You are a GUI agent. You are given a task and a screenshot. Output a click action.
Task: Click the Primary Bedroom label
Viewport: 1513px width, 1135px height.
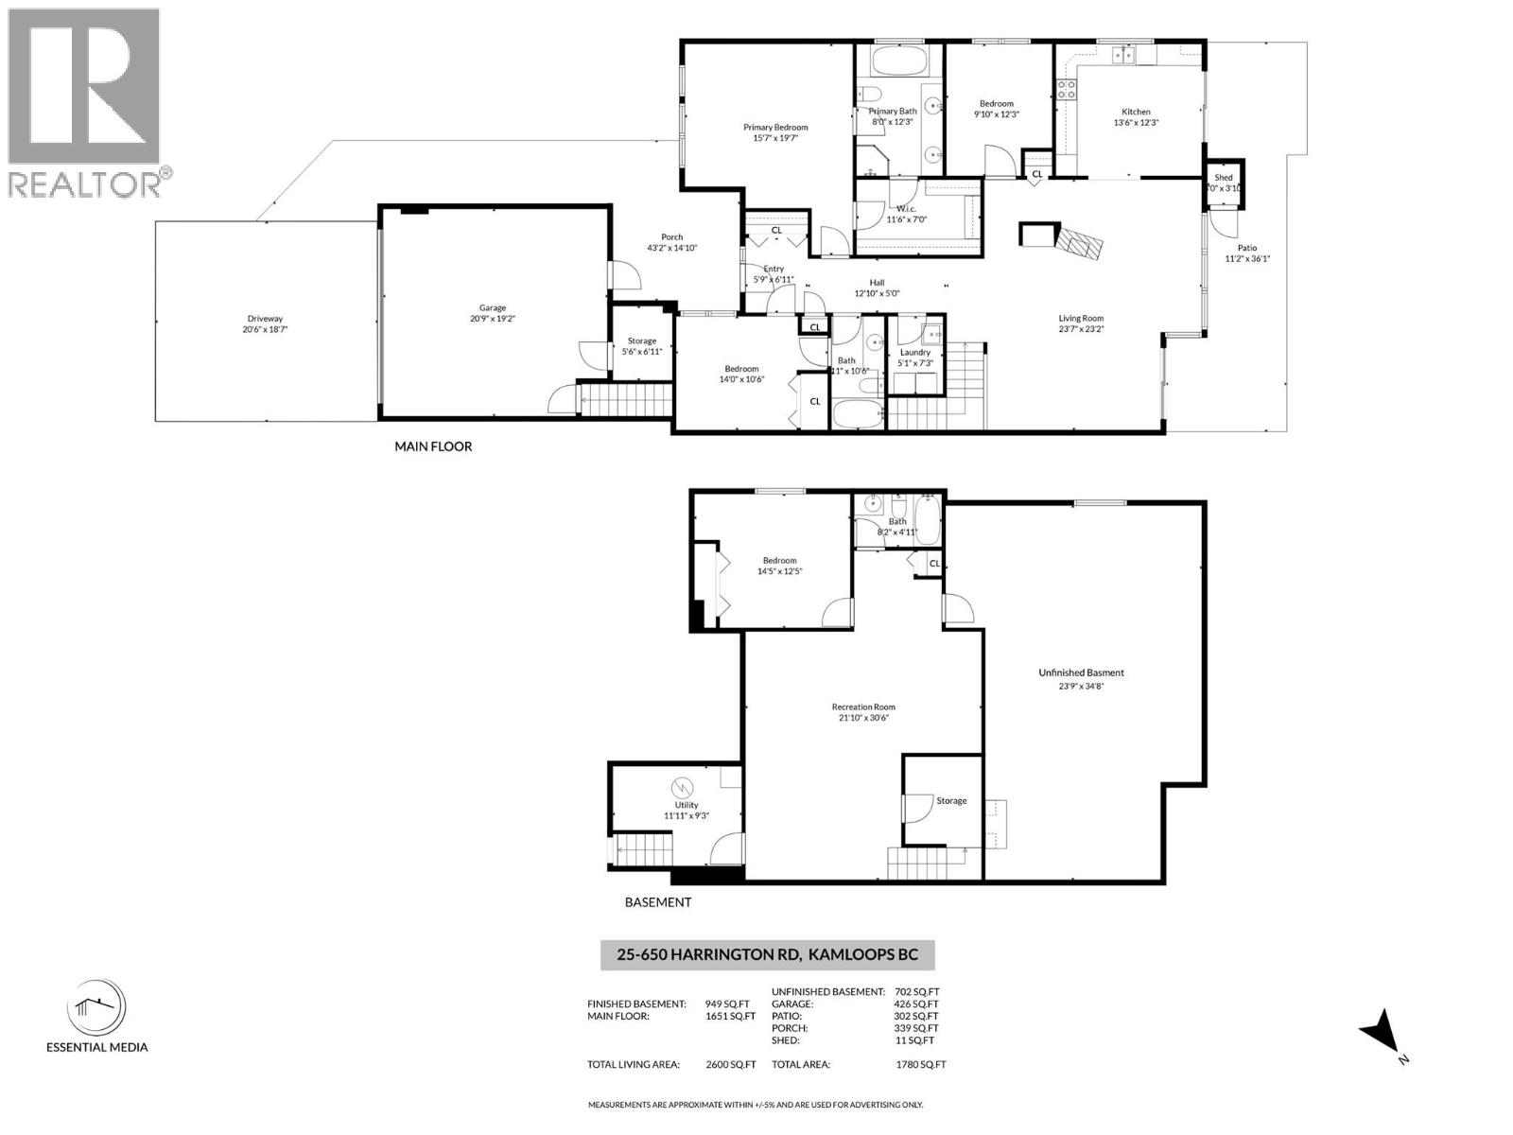click(x=775, y=127)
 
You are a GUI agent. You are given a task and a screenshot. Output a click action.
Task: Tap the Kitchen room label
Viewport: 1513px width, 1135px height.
click(x=1136, y=112)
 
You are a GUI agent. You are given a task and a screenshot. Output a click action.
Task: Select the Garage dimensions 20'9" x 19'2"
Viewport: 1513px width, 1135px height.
click(x=492, y=319)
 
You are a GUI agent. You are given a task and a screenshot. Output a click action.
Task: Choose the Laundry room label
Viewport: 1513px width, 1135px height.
click(x=914, y=352)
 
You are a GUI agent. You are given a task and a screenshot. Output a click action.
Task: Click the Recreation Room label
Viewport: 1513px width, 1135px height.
click(x=863, y=707)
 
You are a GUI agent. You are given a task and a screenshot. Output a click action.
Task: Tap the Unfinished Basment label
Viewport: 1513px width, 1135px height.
click(x=1081, y=672)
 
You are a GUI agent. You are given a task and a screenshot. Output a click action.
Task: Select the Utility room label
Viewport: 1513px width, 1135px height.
click(x=687, y=805)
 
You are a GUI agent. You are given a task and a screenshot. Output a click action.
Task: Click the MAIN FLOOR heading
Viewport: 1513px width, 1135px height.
click(x=433, y=446)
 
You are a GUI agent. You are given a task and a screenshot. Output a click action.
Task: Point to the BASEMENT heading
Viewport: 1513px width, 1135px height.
click(x=658, y=902)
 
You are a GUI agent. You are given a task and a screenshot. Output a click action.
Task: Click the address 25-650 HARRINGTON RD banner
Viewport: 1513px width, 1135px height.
click(x=767, y=955)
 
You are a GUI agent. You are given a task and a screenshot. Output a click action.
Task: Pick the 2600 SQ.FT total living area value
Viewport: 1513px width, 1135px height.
click(x=731, y=1064)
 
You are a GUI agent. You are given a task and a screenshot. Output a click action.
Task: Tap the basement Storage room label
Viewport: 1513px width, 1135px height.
click(x=951, y=800)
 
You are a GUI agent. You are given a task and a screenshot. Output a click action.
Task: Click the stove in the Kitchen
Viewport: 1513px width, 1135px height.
click(x=1067, y=91)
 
